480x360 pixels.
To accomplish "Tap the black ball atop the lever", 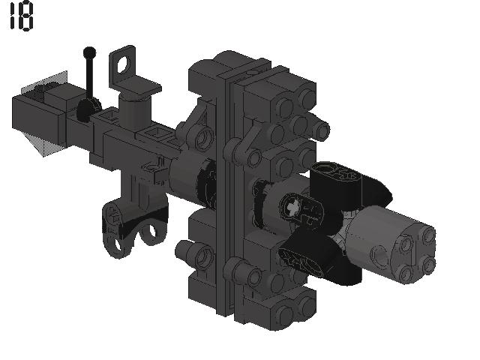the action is [x=89, y=52].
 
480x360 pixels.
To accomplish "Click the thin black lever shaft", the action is [x=90, y=77].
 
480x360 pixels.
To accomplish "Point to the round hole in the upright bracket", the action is [x=124, y=65].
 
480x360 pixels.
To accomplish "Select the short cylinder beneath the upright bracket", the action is [x=135, y=112].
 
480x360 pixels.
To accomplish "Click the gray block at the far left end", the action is [x=38, y=119].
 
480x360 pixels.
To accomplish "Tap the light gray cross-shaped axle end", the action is [x=291, y=207].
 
